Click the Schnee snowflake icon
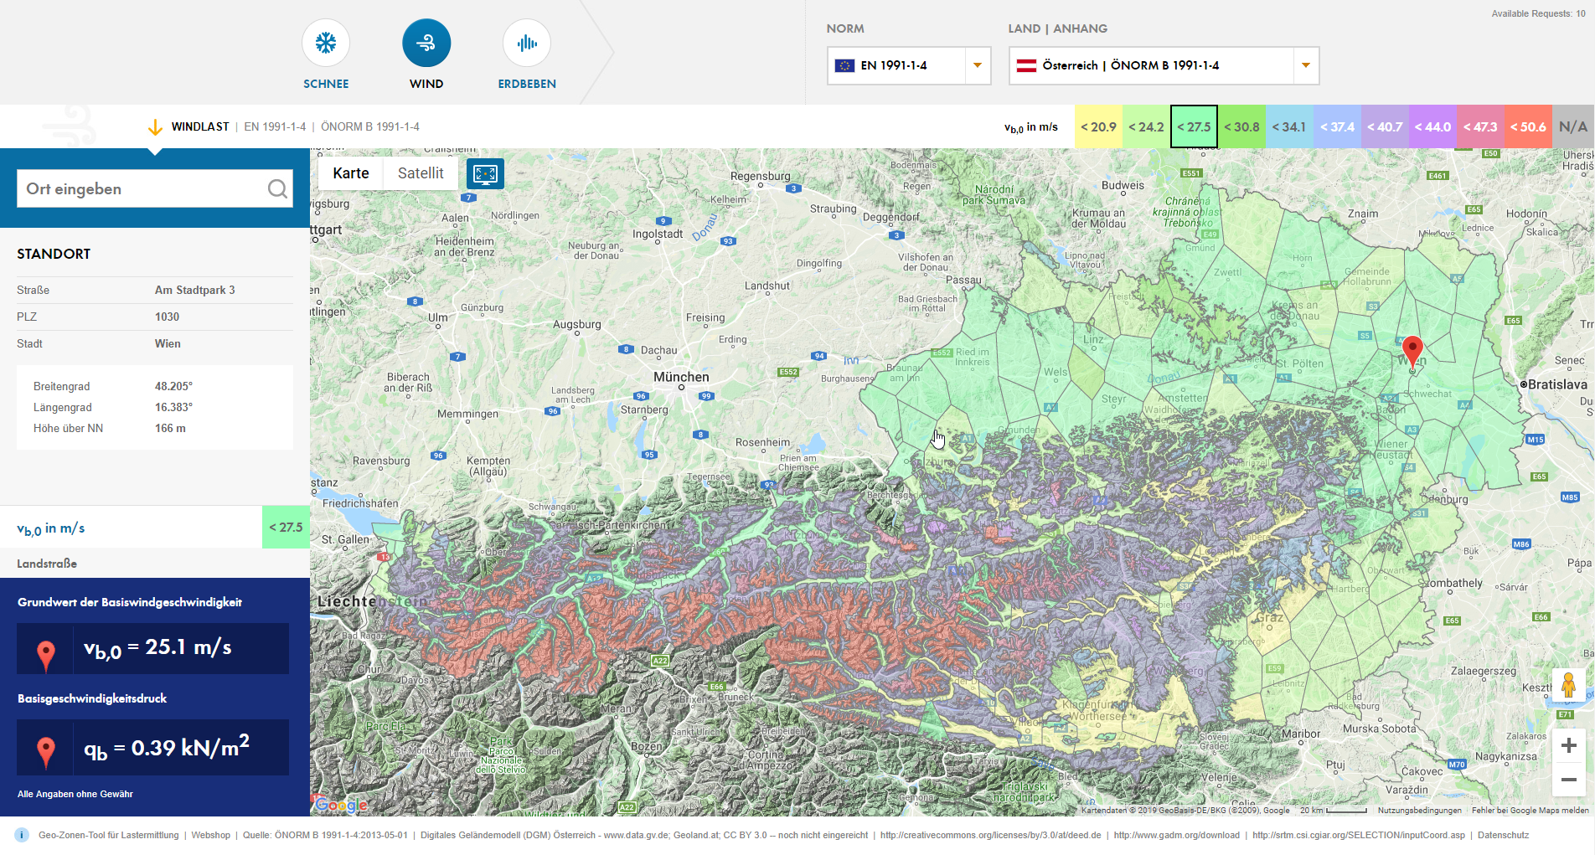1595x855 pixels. [326, 43]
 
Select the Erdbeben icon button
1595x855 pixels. [527, 43]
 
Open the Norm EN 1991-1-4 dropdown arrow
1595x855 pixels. [977, 65]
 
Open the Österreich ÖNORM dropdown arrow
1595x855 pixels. [1305, 65]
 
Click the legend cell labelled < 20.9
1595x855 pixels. [1098, 126]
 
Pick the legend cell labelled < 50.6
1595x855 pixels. [1528, 126]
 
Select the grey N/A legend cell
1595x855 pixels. [1572, 126]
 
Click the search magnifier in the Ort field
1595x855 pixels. [277, 189]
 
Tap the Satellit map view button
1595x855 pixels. [421, 173]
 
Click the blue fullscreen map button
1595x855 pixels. [485, 173]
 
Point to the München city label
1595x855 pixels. [681, 377]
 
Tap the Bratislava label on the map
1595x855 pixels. [1557, 384]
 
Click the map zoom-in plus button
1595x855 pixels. [1569, 745]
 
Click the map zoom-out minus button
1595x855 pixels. [1569, 780]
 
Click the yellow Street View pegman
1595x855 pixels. [1569, 685]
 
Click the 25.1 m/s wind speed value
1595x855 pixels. [188, 647]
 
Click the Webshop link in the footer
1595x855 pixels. [210, 835]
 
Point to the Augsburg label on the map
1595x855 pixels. [577, 324]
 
